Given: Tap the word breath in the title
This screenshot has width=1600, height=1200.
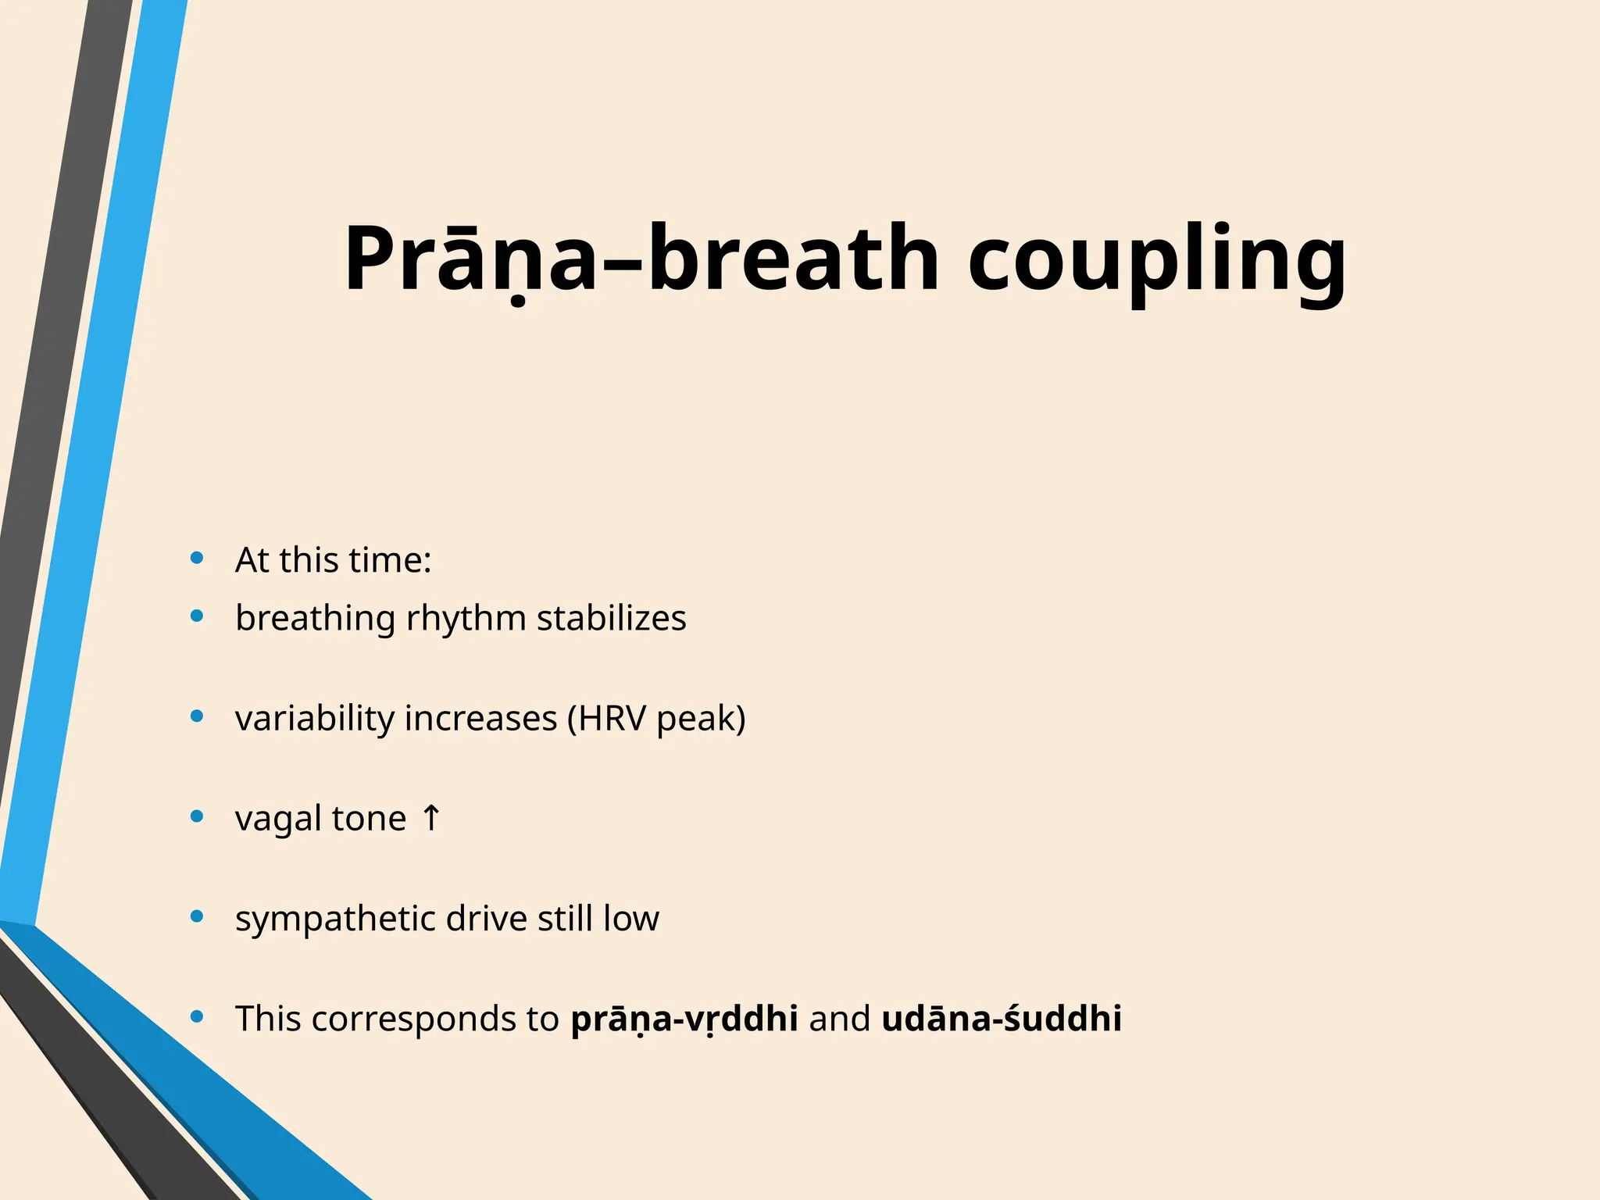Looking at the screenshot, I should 792,259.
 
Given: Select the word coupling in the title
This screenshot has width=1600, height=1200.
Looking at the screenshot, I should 1157,262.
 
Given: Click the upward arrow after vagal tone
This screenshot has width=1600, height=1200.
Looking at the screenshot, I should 430,819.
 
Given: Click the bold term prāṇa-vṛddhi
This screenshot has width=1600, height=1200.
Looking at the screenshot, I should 684,1019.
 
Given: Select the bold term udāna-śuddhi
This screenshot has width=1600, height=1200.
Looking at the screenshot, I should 1001,1019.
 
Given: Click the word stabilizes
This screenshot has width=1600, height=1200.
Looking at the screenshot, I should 611,619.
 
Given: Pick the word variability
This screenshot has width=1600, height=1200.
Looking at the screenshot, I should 314,719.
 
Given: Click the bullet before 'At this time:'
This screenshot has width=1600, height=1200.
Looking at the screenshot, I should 197,558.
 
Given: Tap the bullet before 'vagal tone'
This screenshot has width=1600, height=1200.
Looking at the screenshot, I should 197,816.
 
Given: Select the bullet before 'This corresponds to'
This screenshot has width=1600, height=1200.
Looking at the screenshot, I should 197,1016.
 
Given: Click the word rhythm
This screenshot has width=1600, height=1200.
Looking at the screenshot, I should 466,619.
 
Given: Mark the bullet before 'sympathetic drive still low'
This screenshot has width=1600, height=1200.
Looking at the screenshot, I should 197,916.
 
